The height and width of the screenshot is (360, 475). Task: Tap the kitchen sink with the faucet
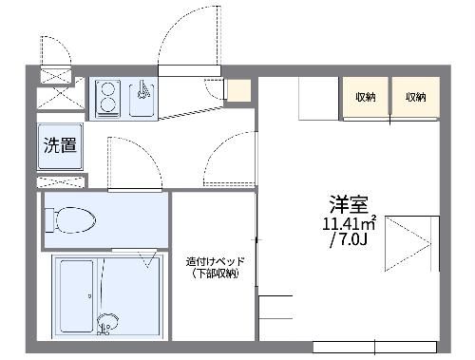[142, 98]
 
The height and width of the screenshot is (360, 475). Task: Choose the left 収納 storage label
[366, 97]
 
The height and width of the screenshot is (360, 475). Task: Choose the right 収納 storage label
[415, 97]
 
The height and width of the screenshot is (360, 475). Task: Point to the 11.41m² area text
[349, 224]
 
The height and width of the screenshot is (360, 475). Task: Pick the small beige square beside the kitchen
[238, 91]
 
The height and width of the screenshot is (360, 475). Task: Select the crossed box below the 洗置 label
[61, 180]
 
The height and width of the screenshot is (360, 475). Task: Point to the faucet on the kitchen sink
[142, 91]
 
